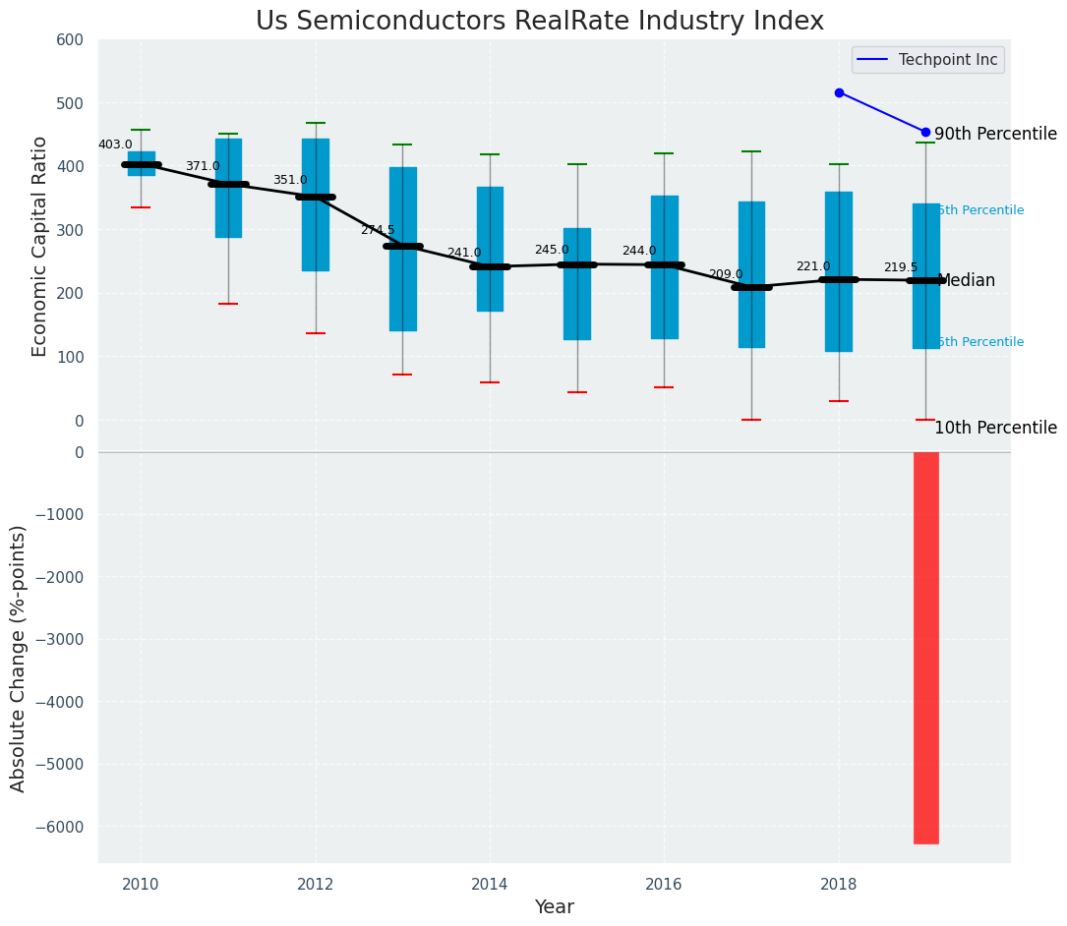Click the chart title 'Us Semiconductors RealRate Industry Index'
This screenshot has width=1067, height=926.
pos(539,22)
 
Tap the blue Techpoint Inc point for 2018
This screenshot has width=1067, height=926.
pos(839,92)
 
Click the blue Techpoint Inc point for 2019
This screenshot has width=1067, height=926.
pos(925,132)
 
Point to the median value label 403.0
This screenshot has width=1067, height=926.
pos(115,145)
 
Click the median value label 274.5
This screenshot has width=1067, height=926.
pos(377,230)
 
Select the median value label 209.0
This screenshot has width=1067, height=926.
pos(726,274)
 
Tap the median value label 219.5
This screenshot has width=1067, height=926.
pos(900,267)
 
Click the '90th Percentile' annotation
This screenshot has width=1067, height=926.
pos(995,134)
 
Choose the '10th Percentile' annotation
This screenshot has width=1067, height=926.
pos(995,428)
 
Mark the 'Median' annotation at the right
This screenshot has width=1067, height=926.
pos(966,280)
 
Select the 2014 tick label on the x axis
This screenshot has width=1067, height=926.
pos(489,884)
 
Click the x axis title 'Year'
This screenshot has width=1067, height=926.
pos(554,907)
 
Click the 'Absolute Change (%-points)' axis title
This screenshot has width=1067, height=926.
pos(19,658)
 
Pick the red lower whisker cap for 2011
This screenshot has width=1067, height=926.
pos(228,304)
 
